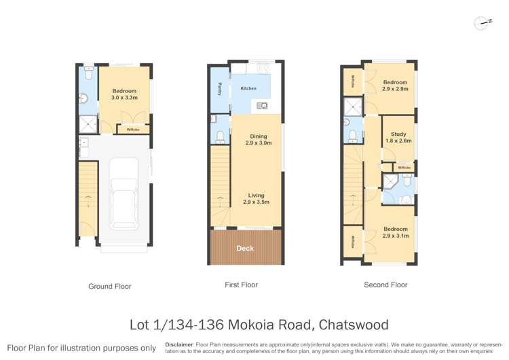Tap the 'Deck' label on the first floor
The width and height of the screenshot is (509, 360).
(x=245, y=249)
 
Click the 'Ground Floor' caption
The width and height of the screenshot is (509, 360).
(x=110, y=287)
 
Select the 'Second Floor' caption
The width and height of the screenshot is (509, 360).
(x=385, y=285)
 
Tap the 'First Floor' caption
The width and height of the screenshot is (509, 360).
(x=241, y=285)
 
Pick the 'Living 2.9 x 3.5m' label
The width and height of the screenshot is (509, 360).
(x=256, y=199)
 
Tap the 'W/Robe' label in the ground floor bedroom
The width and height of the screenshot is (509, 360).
(x=133, y=129)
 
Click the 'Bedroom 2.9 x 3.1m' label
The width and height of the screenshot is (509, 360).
(x=395, y=232)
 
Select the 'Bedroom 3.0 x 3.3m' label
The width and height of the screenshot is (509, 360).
(x=124, y=94)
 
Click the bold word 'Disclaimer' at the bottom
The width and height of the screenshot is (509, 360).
(x=179, y=344)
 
